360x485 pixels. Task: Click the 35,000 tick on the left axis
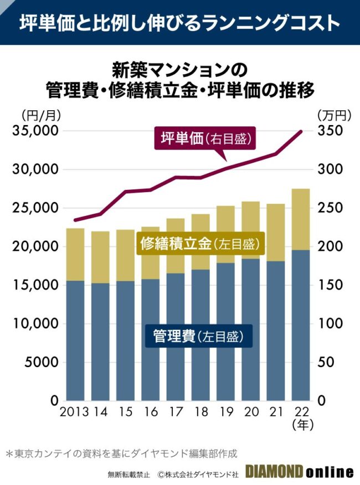pos(35,131)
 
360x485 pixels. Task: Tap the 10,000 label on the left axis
pos(35,323)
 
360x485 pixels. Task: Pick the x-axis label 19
pos(226,412)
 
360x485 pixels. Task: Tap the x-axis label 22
pos(302,412)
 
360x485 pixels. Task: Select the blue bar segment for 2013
pos(75,340)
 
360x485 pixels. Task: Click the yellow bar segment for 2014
pos(100,257)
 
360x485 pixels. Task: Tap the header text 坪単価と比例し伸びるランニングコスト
pos(180,23)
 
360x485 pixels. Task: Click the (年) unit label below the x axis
pos(302,425)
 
